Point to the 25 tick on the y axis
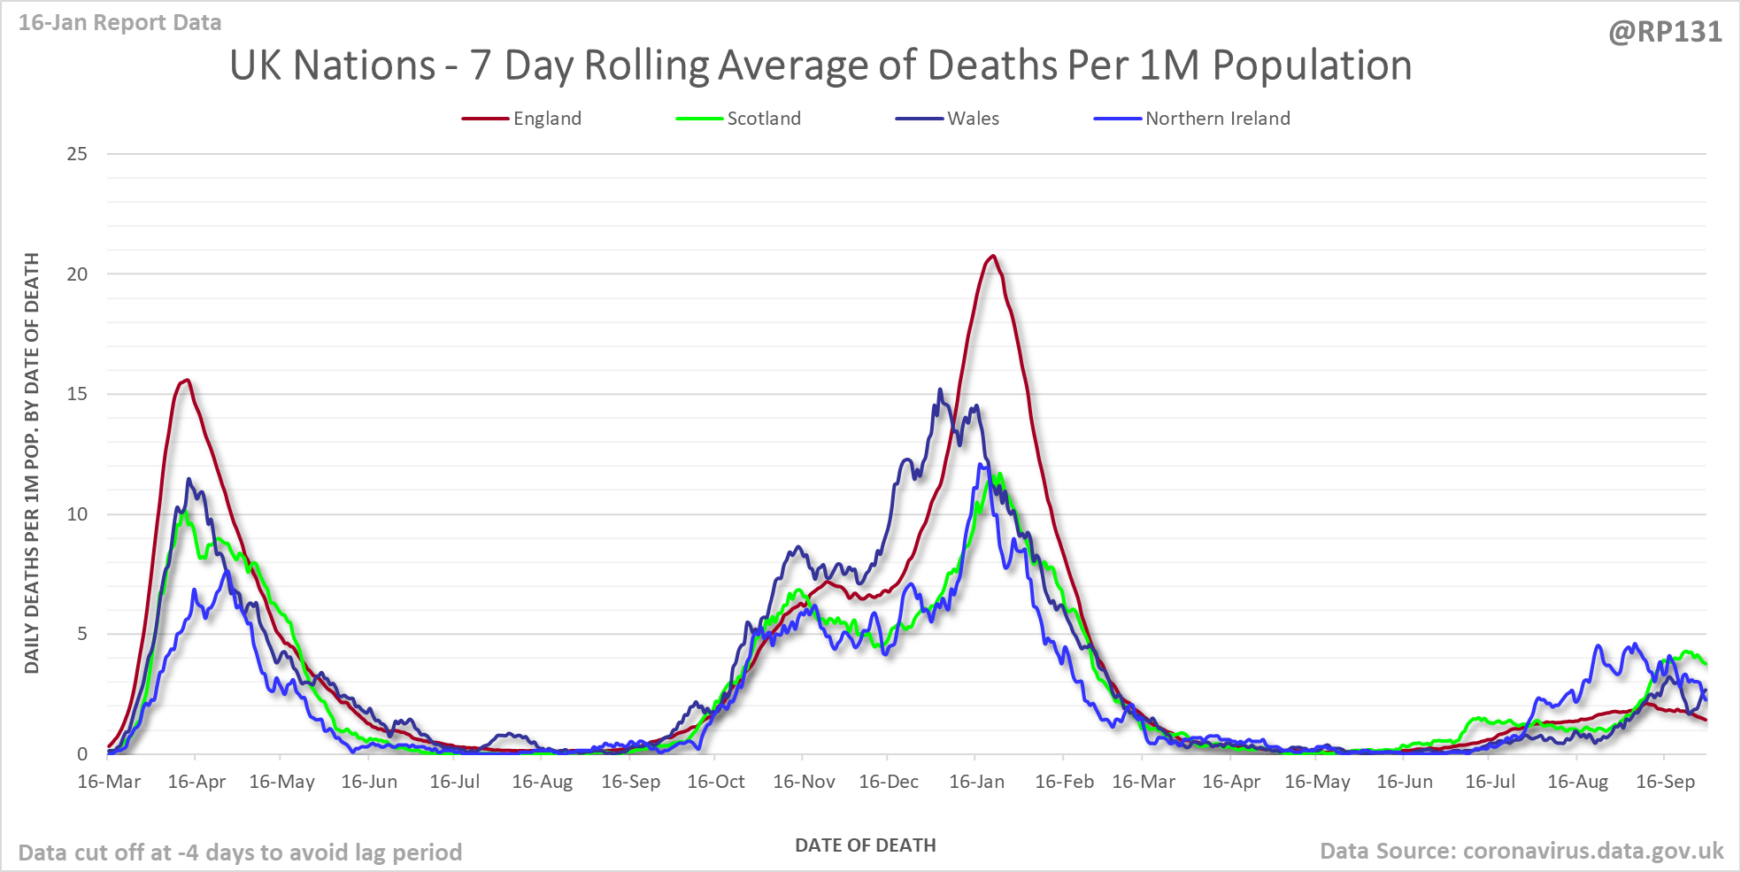[x=78, y=154]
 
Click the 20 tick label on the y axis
[x=78, y=274]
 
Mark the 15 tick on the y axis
[x=78, y=394]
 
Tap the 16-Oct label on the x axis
[x=716, y=782]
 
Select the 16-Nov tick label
[x=804, y=782]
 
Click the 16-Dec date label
[x=889, y=782]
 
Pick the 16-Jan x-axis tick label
[x=976, y=782]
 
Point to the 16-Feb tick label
[x=1064, y=782]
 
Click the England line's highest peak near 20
[x=993, y=256]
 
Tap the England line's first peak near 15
[x=188, y=380]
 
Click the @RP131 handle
[x=1665, y=33]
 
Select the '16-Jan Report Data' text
[x=120, y=23]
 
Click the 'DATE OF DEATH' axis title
[x=865, y=845]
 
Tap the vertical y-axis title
[x=32, y=462]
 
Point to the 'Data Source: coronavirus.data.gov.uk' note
[x=1521, y=852]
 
